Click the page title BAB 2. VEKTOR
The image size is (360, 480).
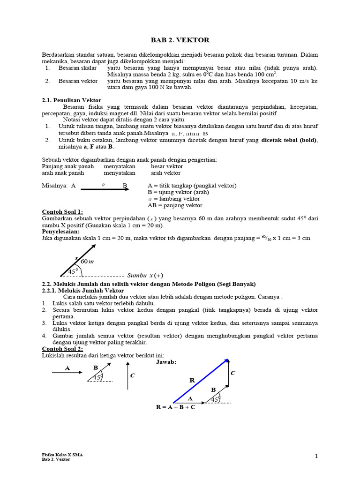pos(180,40)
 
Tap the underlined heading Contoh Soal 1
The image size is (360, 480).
pos(62,212)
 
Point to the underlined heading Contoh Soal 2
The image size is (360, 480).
pos(62,349)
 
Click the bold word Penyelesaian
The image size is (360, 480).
pos(61,232)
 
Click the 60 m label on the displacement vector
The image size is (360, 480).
pos(87,261)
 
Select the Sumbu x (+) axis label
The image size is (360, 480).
pos(145,275)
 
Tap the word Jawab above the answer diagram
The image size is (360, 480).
pos(166,362)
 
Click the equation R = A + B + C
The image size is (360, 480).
pos(176,407)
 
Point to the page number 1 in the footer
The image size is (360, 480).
pos(316,456)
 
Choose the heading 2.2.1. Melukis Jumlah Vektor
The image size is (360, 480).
pos(83,291)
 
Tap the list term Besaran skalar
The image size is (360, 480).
pos(77,68)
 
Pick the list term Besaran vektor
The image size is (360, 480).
pos(78,81)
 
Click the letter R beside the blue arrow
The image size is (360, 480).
pos(192,380)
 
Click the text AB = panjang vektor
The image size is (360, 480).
pos(175,205)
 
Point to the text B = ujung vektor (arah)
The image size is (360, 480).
pos(178,192)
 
